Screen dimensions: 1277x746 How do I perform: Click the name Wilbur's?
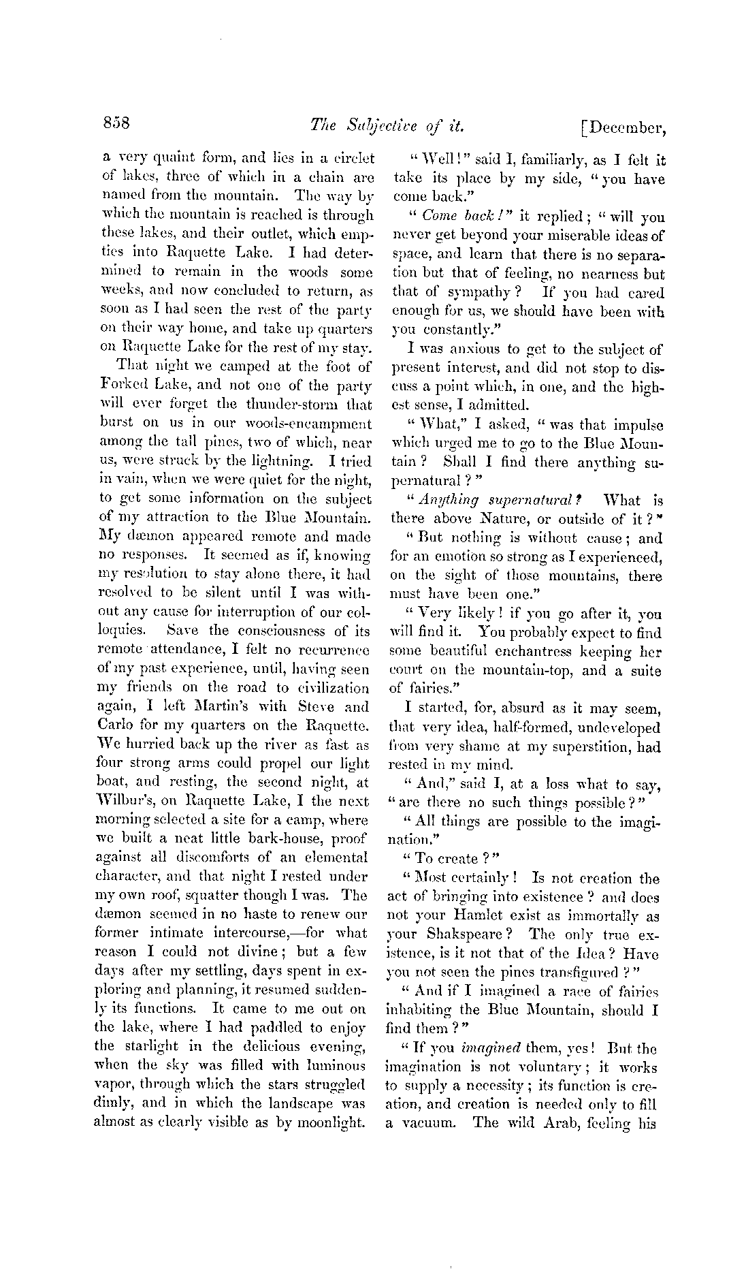click(125, 802)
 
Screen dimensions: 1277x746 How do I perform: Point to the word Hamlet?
click(472, 916)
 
